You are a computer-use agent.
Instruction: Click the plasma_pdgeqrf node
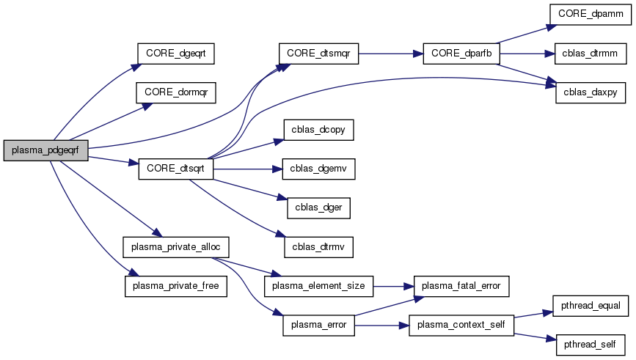[45, 151]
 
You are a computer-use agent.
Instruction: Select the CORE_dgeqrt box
[177, 54]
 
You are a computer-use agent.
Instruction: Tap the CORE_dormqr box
[177, 92]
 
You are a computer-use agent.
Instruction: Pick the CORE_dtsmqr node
[318, 54]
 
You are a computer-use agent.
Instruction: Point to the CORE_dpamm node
[585, 15]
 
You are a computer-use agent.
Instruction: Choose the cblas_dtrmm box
[585, 54]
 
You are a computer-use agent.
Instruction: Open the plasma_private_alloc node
[176, 246]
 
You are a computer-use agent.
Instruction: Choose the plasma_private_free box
[176, 285]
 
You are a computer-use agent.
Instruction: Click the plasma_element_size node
[319, 285]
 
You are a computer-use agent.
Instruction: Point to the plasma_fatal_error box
[461, 285]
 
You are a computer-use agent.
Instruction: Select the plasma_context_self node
[461, 324]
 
